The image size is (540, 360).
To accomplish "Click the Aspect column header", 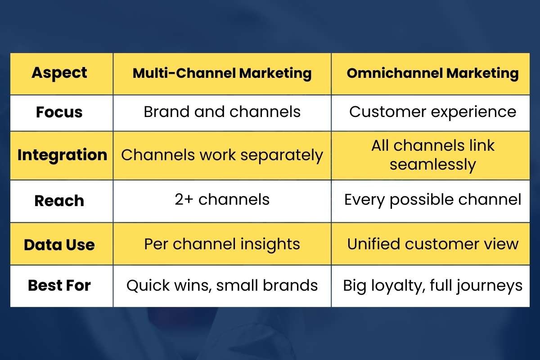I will [59, 73].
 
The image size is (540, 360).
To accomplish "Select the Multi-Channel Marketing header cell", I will [222, 73].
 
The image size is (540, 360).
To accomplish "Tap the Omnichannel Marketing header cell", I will [432, 73].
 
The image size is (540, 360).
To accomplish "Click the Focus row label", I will [59, 112].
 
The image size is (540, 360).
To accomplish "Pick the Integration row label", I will [62, 155].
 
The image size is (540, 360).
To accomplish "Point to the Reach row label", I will [59, 201].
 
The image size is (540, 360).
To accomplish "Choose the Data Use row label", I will [59, 245].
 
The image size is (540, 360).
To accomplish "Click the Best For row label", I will [59, 285].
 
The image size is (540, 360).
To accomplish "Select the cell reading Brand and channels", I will [222, 112].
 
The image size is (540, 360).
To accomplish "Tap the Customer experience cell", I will [432, 112].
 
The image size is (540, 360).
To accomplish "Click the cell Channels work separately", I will [222, 155].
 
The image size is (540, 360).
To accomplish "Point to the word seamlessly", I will [432, 165].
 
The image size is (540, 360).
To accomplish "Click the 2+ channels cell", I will [222, 199].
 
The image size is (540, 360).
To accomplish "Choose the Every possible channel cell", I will [432, 199].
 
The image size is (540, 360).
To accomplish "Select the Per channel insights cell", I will [222, 244].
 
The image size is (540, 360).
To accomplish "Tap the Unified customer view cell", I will [432, 244].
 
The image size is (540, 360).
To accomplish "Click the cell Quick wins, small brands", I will [222, 285].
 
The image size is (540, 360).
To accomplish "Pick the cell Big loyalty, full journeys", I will [432, 285].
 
